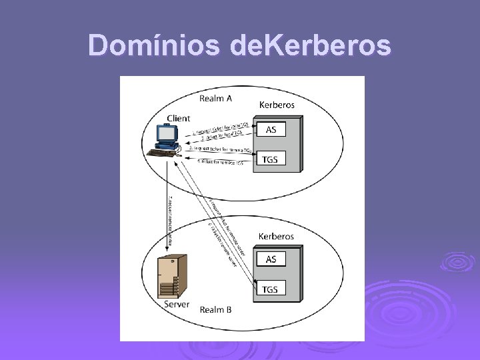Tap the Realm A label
(216, 99)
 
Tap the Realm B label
(216, 309)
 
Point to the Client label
(178, 119)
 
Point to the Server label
(177, 304)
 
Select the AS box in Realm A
(271, 129)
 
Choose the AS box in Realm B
(271, 259)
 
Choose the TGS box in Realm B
(270, 289)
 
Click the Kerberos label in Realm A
(277, 105)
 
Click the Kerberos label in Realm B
(277, 237)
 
